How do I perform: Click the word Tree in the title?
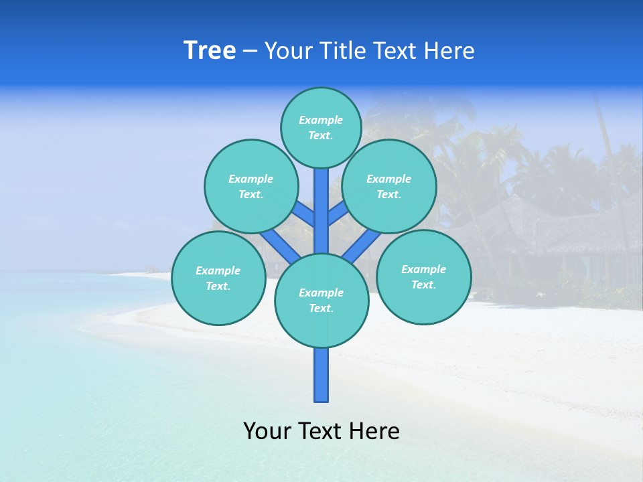210,51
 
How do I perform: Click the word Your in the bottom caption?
267,431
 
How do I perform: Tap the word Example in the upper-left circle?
251,179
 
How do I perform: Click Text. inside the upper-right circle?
388,194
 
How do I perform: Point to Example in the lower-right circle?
423,269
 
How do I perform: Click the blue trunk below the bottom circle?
321,375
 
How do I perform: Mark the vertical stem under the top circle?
321,208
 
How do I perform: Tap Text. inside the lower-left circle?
218,286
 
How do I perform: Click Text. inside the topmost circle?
321,135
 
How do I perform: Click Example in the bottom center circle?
321,293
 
